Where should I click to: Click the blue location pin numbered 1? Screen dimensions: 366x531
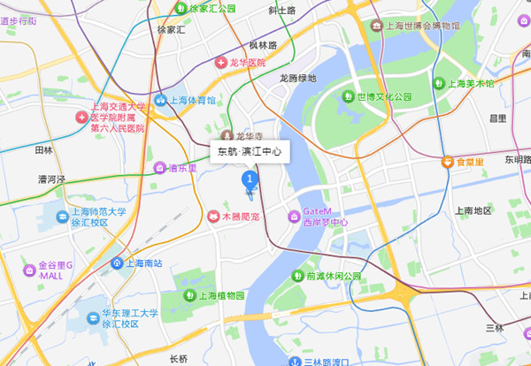click(x=249, y=180)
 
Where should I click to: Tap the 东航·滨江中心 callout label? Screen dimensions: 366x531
click(x=250, y=152)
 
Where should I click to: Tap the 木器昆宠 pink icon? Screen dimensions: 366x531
click(x=212, y=216)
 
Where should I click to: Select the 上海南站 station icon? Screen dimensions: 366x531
click(x=117, y=263)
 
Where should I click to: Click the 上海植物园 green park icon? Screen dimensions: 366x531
click(x=188, y=295)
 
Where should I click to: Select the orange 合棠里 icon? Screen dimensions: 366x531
click(x=448, y=162)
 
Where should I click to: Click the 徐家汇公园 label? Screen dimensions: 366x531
click(x=213, y=8)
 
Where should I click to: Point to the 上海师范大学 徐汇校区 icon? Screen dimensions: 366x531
click(x=62, y=217)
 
